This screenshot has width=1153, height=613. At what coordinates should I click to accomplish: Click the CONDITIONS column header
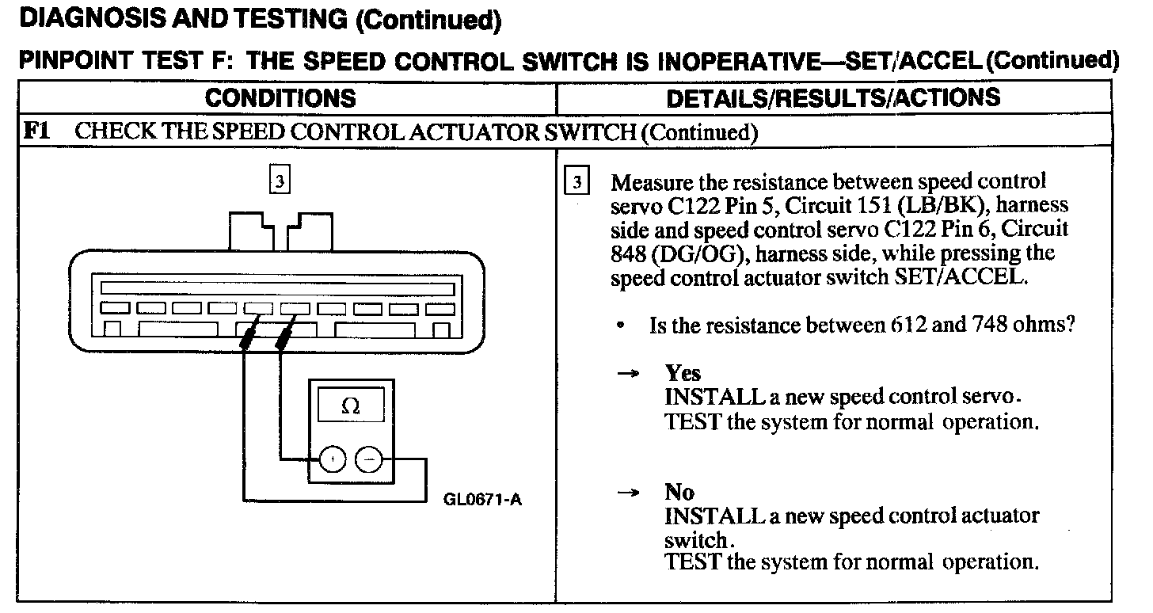[x=280, y=98]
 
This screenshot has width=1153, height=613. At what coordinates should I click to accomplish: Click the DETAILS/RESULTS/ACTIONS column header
[x=833, y=98]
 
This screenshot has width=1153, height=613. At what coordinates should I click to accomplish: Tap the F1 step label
[x=37, y=131]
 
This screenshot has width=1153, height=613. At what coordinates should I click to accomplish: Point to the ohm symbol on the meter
[x=350, y=405]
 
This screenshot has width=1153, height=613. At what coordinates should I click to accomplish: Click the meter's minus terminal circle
[x=368, y=459]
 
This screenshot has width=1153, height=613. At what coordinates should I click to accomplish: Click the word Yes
[x=683, y=373]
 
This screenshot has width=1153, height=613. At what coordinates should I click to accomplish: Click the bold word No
[x=679, y=493]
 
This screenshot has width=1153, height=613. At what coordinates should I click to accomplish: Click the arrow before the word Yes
[x=628, y=374]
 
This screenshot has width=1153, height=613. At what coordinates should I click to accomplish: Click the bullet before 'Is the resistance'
[x=625, y=326]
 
